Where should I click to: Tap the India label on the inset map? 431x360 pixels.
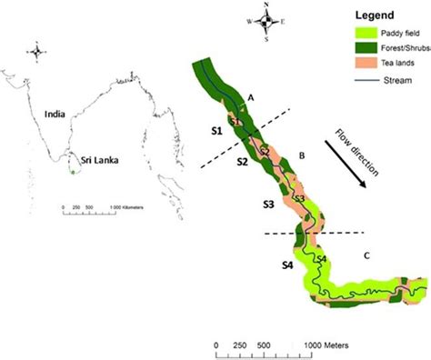coord(57,115)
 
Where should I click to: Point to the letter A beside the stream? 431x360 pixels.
coord(251,97)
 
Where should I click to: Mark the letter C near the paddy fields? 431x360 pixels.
coord(366,255)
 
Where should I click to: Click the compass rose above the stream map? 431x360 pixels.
coord(266,20)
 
